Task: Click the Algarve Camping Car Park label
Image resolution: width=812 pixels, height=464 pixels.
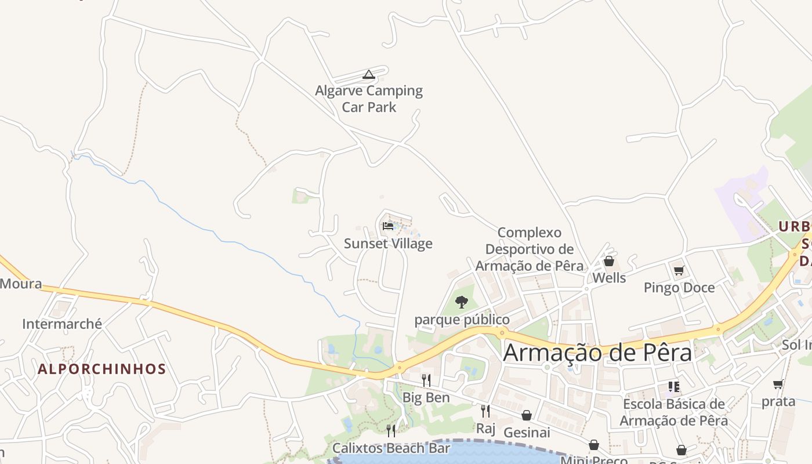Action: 369,99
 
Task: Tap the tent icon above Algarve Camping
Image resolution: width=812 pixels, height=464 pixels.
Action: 368,74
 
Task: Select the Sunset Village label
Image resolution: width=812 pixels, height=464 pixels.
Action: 388,244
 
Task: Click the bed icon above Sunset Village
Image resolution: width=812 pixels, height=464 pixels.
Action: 388,226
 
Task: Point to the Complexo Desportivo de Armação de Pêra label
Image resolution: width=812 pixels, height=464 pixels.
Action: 529,249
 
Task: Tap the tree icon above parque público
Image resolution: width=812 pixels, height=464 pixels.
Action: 462,302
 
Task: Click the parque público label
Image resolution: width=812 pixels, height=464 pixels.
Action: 462,320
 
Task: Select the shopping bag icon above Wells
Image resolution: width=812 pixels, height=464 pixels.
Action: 609,261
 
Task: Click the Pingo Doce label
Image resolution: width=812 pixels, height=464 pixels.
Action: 679,288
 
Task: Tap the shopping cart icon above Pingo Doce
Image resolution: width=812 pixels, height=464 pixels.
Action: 679,270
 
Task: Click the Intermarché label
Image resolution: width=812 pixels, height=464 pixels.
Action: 62,324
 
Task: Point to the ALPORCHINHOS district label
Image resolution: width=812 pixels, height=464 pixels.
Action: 102,369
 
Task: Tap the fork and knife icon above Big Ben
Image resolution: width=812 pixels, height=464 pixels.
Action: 426,380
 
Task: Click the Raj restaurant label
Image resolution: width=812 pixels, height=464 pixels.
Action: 485,429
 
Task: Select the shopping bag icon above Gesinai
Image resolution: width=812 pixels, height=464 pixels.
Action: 527,415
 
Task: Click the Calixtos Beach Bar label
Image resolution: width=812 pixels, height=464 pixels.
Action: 391,448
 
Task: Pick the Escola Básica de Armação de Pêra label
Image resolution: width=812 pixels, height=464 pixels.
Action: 673,412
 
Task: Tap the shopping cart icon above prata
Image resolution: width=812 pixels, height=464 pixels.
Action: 778,384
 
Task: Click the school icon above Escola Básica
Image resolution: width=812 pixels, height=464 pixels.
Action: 673,386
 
